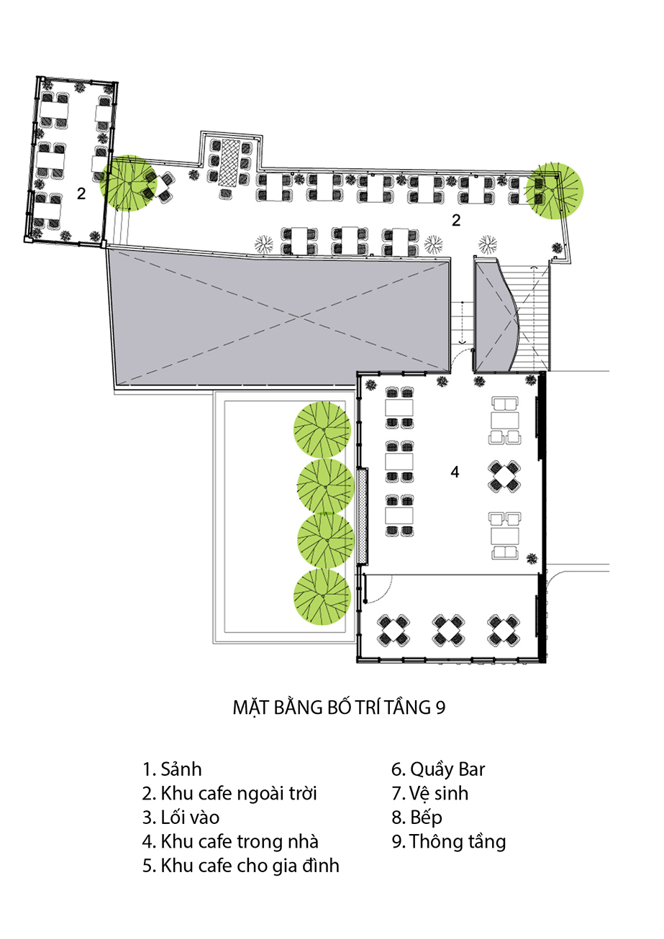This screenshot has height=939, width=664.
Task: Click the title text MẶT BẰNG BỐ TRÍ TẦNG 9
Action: click(339, 707)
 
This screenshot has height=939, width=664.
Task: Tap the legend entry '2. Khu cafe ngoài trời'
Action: click(229, 794)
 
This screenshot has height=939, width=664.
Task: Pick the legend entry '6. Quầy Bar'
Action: click(438, 769)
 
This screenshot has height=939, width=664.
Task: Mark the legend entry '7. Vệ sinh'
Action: click(429, 794)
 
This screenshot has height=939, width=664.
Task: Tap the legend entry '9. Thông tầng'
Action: click(449, 841)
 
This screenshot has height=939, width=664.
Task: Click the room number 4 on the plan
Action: click(455, 472)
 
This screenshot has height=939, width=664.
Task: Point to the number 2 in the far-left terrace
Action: click(81, 193)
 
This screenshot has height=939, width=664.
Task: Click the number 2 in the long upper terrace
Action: click(456, 221)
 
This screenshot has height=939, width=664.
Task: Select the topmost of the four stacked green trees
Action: click(322, 430)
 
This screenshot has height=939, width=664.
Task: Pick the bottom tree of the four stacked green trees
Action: click(322, 597)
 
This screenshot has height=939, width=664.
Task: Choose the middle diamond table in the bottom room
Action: click(449, 629)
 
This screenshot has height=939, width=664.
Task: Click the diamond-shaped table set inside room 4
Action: click(505, 475)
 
